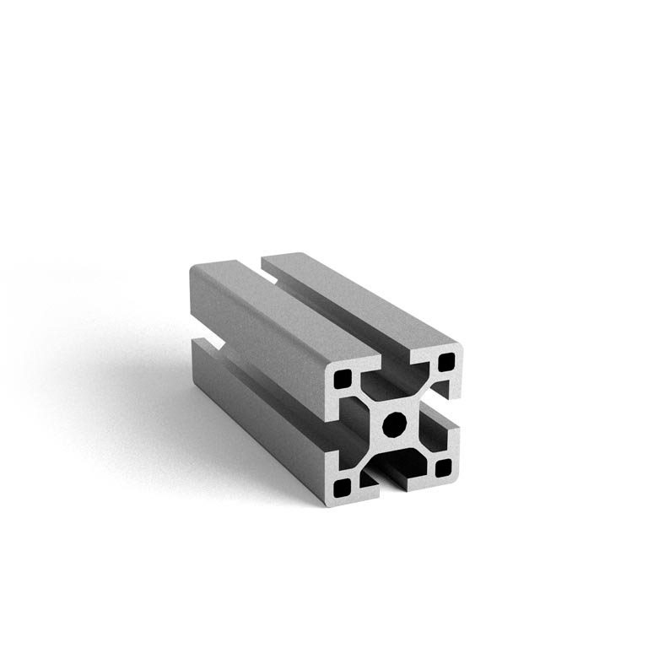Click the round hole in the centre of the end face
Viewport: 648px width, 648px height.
(393, 425)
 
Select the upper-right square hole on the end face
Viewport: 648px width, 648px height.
(445, 364)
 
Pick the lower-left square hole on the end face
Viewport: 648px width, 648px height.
(343, 487)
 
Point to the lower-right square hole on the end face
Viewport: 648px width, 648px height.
(444, 467)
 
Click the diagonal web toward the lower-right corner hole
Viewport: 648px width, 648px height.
(420, 447)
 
